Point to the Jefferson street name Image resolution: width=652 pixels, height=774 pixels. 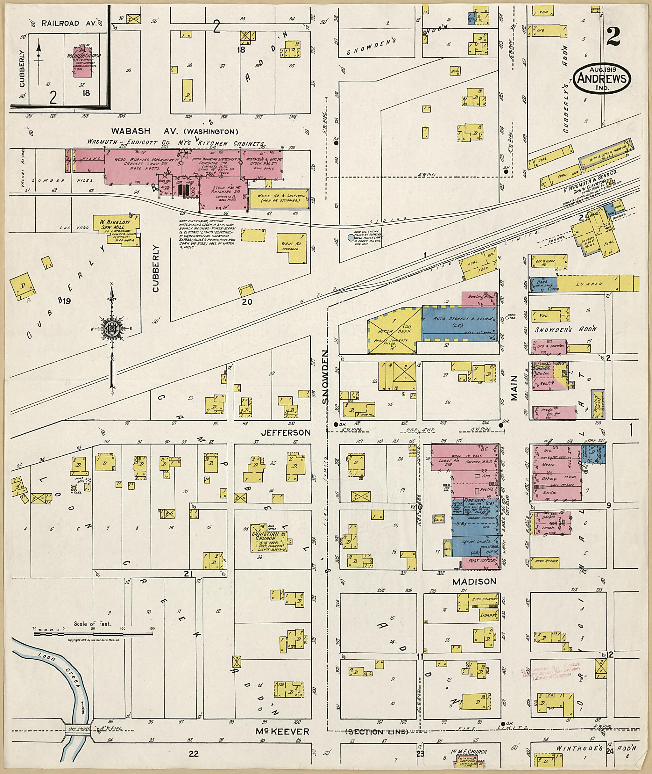click(285, 432)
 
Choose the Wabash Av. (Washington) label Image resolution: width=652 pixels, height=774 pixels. click(174, 131)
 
